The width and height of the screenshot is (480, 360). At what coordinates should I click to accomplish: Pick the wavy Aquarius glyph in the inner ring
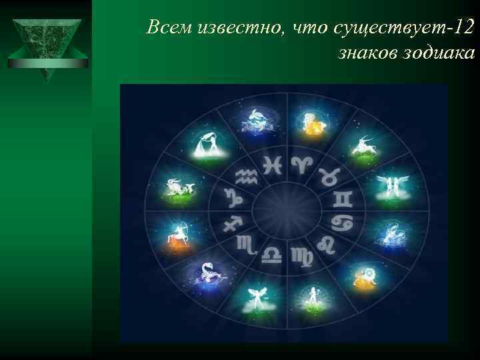246,176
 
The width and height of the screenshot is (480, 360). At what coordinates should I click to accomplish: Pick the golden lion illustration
365,276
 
